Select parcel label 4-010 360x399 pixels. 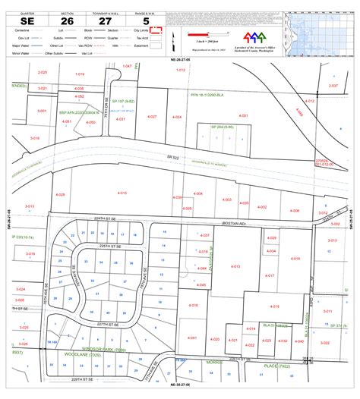122,193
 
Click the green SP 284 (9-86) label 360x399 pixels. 222,127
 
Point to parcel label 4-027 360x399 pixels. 152,117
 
